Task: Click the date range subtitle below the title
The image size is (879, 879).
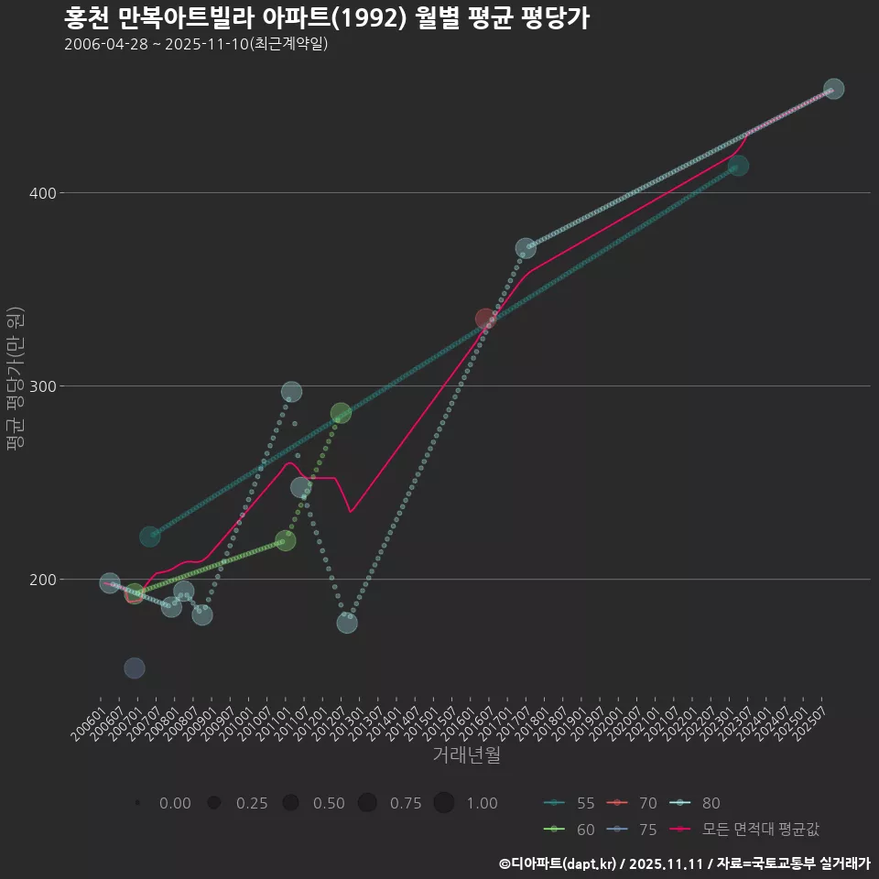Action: coord(196,44)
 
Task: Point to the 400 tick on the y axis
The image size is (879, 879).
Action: coord(44,193)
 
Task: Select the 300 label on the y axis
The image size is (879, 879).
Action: coord(44,386)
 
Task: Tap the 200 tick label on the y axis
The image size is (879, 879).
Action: coord(44,580)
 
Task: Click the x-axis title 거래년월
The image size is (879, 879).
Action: coord(466,756)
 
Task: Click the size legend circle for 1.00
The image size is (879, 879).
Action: coord(444,803)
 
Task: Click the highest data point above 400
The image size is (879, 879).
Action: coord(833,89)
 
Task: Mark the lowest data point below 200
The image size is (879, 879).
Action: coord(134,668)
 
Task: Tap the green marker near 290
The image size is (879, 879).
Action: coord(341,413)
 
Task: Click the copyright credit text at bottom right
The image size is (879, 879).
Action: coord(683,863)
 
